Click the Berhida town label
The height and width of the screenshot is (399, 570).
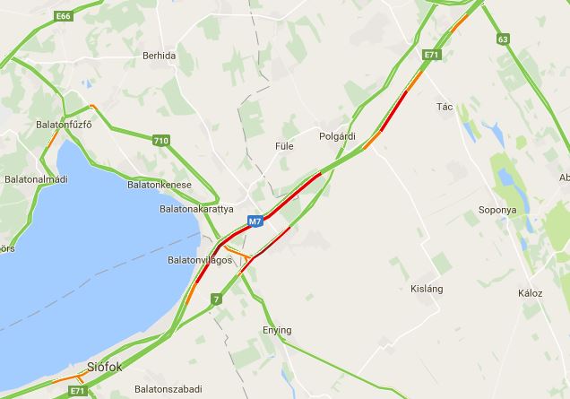coord(159,56)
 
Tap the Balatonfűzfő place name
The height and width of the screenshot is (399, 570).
coord(64,125)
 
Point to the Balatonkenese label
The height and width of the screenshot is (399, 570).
coord(160,185)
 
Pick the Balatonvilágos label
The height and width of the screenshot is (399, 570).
coord(199,260)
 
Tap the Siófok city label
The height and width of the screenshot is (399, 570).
coord(105,367)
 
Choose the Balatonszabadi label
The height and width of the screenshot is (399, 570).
coord(168,390)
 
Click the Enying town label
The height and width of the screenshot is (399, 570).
coord(277,330)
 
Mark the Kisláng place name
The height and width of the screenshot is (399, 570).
coord(427,289)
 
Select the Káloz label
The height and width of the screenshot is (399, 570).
coord(530,293)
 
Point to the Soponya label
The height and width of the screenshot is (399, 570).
coord(497,210)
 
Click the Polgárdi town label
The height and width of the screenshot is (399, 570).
coord(337,136)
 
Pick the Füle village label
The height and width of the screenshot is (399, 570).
coord(283,145)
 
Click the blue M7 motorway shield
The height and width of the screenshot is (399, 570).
coord(255,221)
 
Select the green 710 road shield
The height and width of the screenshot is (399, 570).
coord(160,140)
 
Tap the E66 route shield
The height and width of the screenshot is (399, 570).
coord(62,16)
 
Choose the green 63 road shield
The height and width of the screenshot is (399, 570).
coord(503,39)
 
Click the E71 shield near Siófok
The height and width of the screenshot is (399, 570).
coord(78,391)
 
